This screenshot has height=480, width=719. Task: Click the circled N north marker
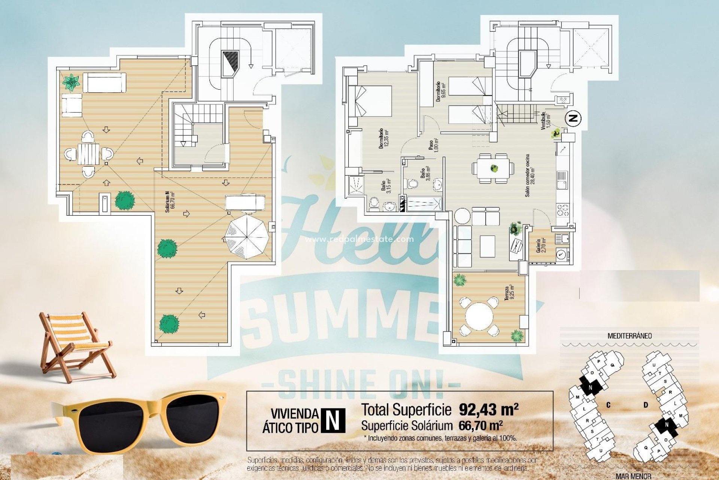pos(573,118)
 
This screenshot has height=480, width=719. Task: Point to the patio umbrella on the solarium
pos(247,236)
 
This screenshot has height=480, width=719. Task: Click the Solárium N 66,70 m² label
pos(170,202)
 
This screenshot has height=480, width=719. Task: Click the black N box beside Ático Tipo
pos(333,420)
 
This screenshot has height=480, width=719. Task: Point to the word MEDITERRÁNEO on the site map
pos(629,336)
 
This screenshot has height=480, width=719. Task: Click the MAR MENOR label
pos(633,476)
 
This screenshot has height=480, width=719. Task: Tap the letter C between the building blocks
pos(608,405)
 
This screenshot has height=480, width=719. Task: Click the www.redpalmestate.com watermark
pos(359,239)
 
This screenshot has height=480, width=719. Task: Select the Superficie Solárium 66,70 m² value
pos(480,426)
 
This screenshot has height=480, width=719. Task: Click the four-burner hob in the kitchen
pos(562,210)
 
